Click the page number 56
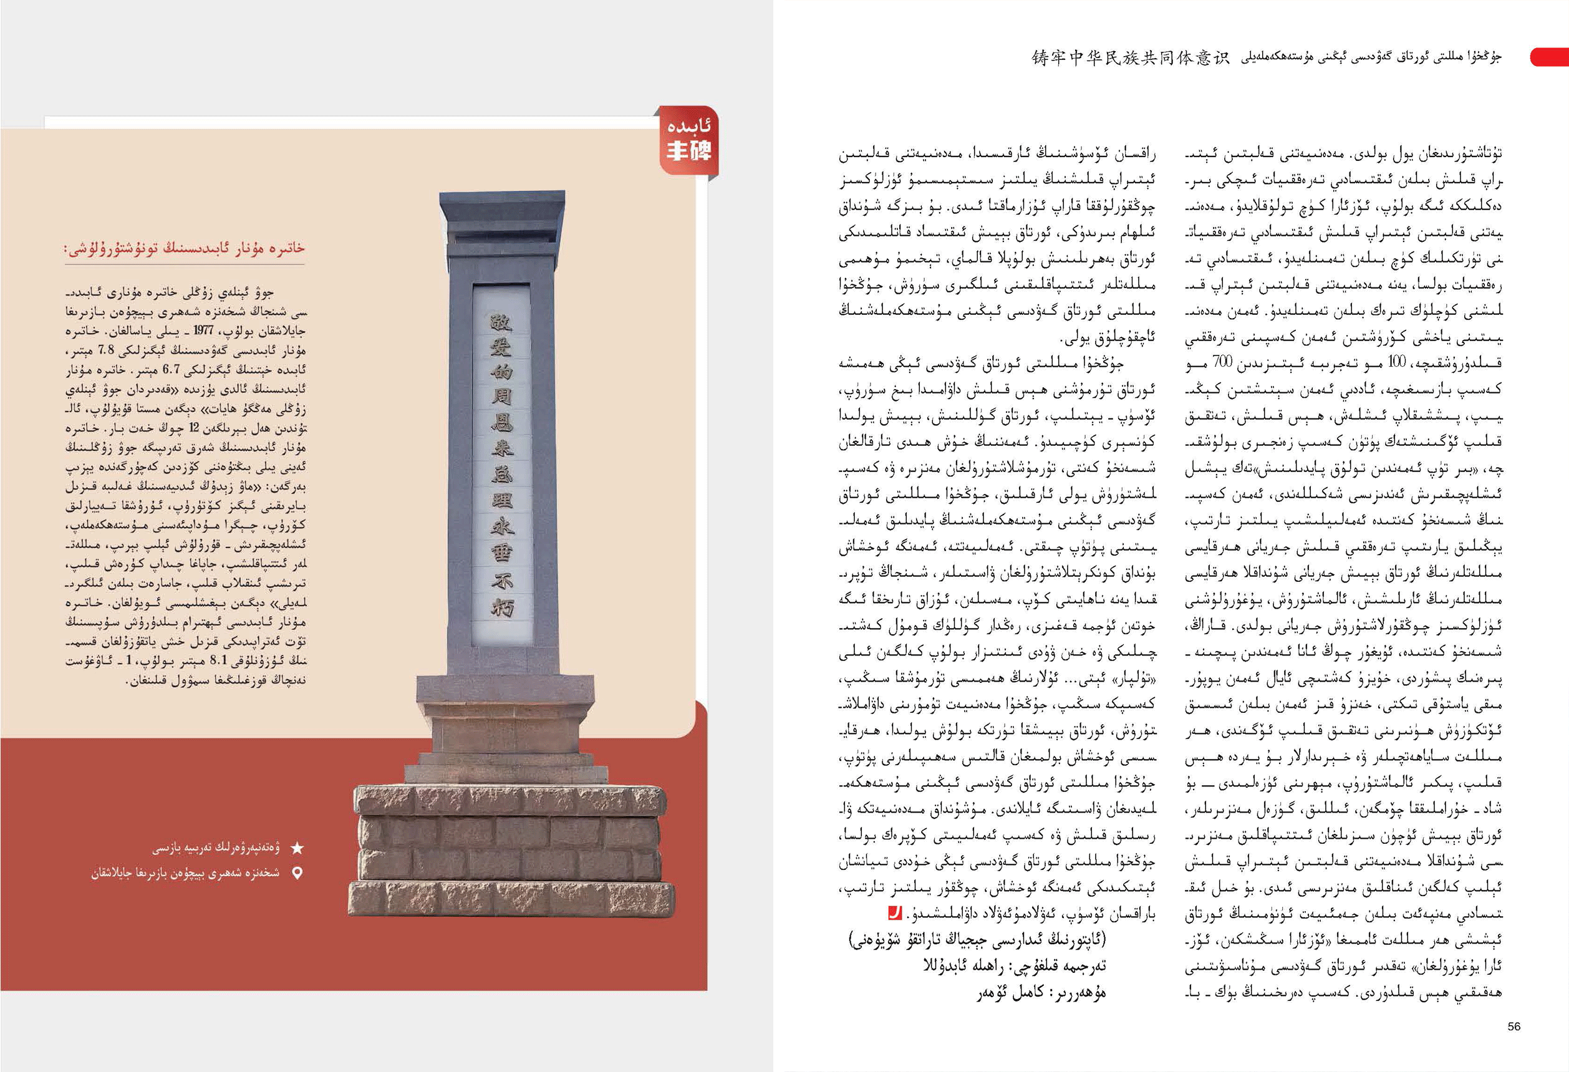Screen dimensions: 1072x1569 point(1513,1026)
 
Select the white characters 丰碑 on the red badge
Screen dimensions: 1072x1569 point(688,150)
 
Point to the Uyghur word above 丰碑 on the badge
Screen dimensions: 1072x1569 point(688,126)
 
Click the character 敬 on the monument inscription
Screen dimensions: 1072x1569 point(501,322)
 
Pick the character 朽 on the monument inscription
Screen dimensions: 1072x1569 point(501,607)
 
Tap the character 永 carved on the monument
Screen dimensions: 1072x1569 point(501,526)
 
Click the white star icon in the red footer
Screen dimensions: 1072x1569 point(296,848)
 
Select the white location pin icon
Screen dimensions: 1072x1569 point(296,873)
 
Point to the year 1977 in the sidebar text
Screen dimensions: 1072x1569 point(203,331)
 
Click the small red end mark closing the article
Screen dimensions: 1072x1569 point(894,914)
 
